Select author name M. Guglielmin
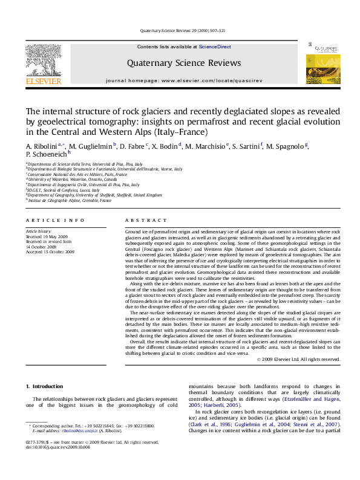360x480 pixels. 90,146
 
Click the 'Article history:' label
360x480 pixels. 39,231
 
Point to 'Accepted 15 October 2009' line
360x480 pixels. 50,251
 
